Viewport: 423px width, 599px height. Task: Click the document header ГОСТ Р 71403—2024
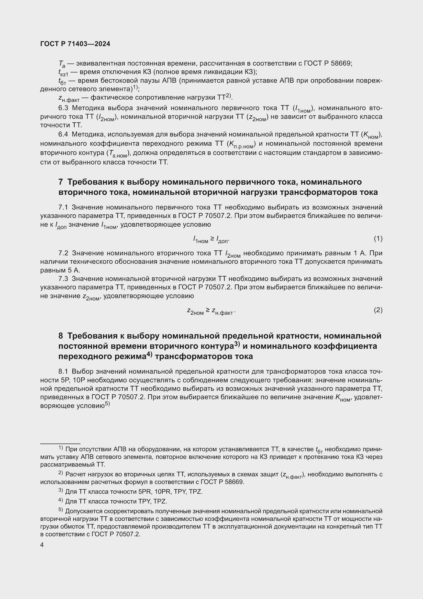click(x=75, y=44)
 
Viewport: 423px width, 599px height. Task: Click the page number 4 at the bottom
click(x=42, y=545)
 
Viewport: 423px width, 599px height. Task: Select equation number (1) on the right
click(x=378, y=238)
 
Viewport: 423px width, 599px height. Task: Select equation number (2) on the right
click(x=378, y=310)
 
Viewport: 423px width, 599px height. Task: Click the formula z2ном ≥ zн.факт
click(x=211, y=311)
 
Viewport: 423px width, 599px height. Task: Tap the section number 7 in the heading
click(x=61, y=182)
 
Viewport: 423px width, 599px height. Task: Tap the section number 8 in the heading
click(x=61, y=336)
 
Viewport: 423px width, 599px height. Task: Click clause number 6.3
click(x=63, y=108)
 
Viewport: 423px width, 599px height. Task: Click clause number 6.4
click(x=63, y=134)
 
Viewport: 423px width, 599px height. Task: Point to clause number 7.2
click(x=63, y=253)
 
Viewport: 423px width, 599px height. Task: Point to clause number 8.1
click(x=63, y=371)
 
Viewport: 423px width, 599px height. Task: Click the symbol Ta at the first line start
click(x=62, y=64)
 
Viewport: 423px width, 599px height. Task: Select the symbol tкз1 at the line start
click(x=63, y=72)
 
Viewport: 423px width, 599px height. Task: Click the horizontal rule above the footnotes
click(x=60, y=443)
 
